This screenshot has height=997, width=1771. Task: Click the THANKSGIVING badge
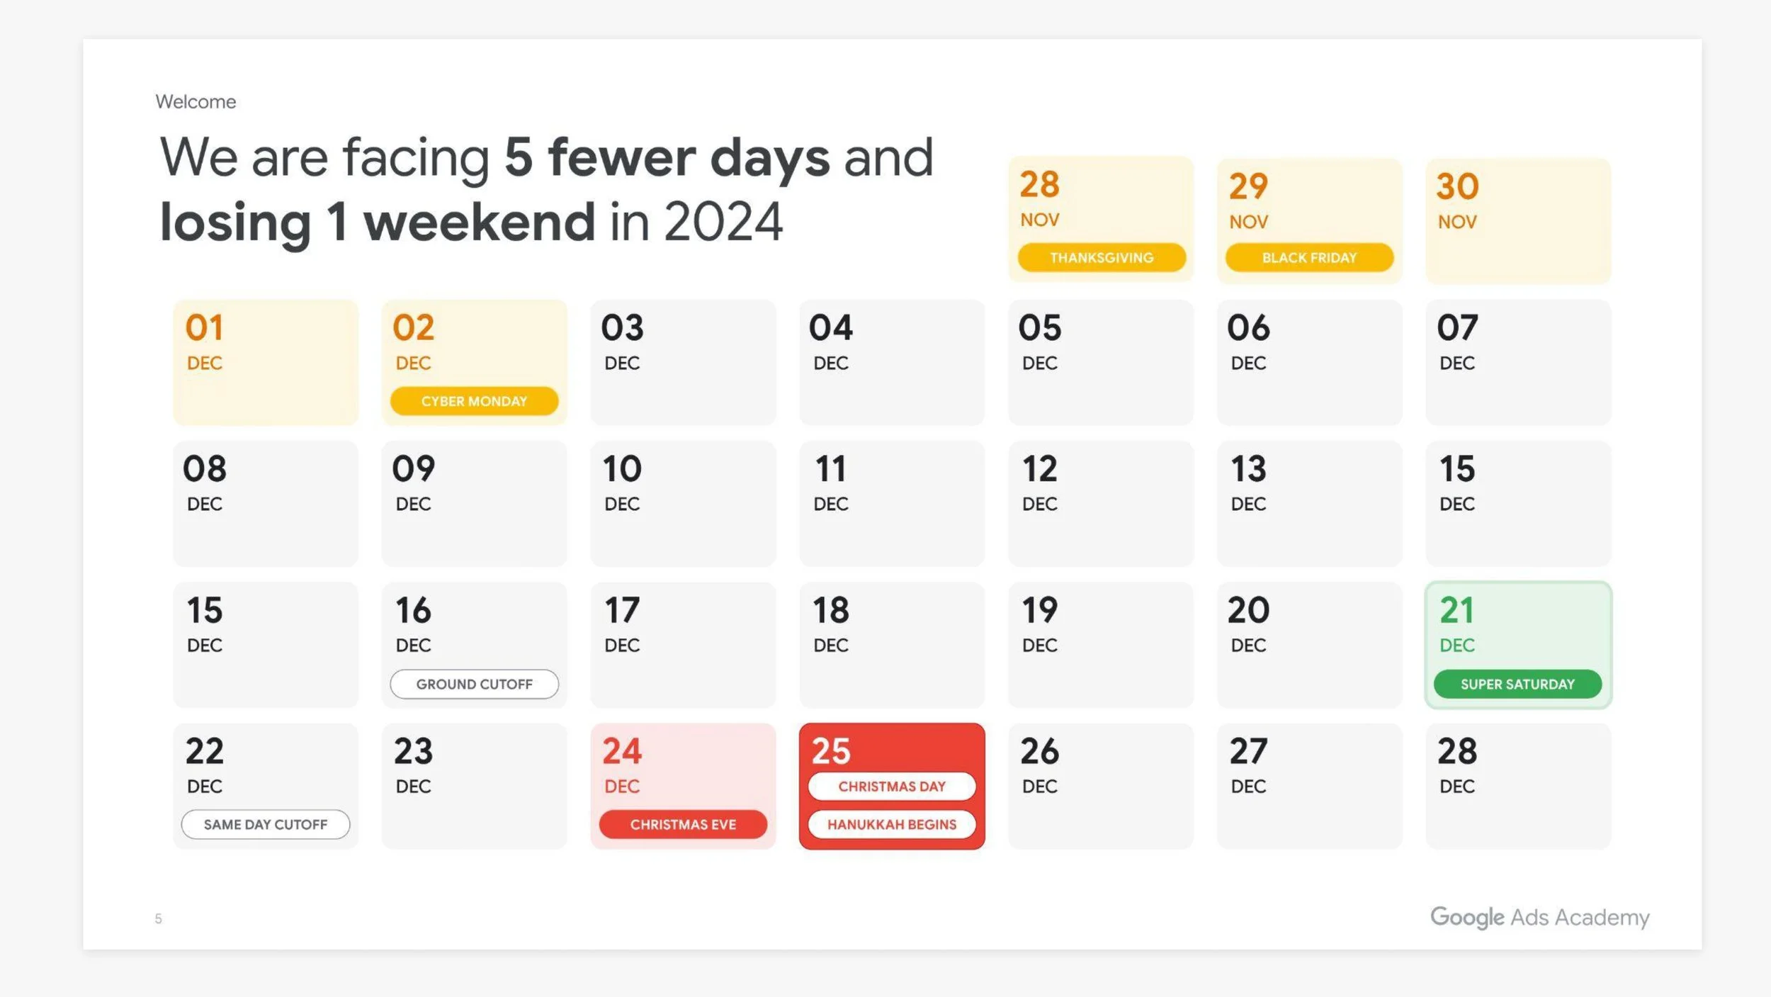[1102, 258]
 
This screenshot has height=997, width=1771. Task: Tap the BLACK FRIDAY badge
[1309, 258]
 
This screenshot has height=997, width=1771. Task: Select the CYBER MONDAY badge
[474, 401]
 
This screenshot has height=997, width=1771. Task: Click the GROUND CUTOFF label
[474, 685]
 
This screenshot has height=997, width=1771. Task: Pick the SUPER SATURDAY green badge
[1517, 685]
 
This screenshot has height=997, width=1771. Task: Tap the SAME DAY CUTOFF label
[266, 825]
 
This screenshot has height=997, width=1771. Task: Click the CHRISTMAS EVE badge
[683, 825]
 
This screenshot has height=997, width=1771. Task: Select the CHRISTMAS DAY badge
[892, 787]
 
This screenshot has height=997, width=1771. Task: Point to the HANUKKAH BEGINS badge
[892, 825]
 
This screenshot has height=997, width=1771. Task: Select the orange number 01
[205, 328]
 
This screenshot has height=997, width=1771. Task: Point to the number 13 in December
[1248, 469]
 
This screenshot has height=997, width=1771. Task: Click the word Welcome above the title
[196, 102]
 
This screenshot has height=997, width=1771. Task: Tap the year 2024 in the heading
[723, 223]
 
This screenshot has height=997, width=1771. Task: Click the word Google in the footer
[1467, 918]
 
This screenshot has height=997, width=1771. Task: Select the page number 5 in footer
[159, 919]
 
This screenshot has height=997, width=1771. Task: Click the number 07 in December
[1457, 328]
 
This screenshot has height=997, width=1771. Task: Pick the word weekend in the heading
[480, 223]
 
